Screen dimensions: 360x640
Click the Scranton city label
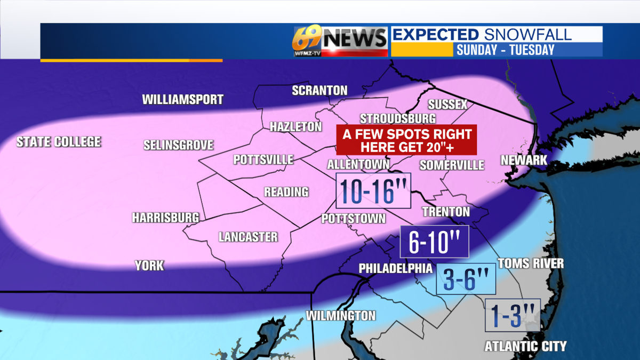click(x=319, y=91)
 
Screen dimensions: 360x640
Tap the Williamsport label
click(x=182, y=100)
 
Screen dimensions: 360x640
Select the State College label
click(x=58, y=142)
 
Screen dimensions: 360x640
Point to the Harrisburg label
click(x=165, y=218)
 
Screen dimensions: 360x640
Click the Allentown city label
click(x=358, y=164)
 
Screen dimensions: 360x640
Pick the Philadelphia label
click(x=395, y=268)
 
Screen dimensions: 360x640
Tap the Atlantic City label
click(x=525, y=346)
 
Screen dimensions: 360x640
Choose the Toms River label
click(x=530, y=263)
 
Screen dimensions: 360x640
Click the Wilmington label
click(x=340, y=315)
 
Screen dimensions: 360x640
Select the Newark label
click(x=524, y=160)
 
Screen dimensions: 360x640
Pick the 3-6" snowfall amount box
click(x=466, y=279)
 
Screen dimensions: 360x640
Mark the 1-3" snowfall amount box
click(x=513, y=315)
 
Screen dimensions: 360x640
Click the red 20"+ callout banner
click(x=406, y=140)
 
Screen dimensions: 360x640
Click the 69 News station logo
click(x=340, y=41)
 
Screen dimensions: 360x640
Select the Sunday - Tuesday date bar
click(x=505, y=50)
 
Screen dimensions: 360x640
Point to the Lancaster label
click(x=248, y=237)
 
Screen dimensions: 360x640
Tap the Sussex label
click(x=447, y=105)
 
